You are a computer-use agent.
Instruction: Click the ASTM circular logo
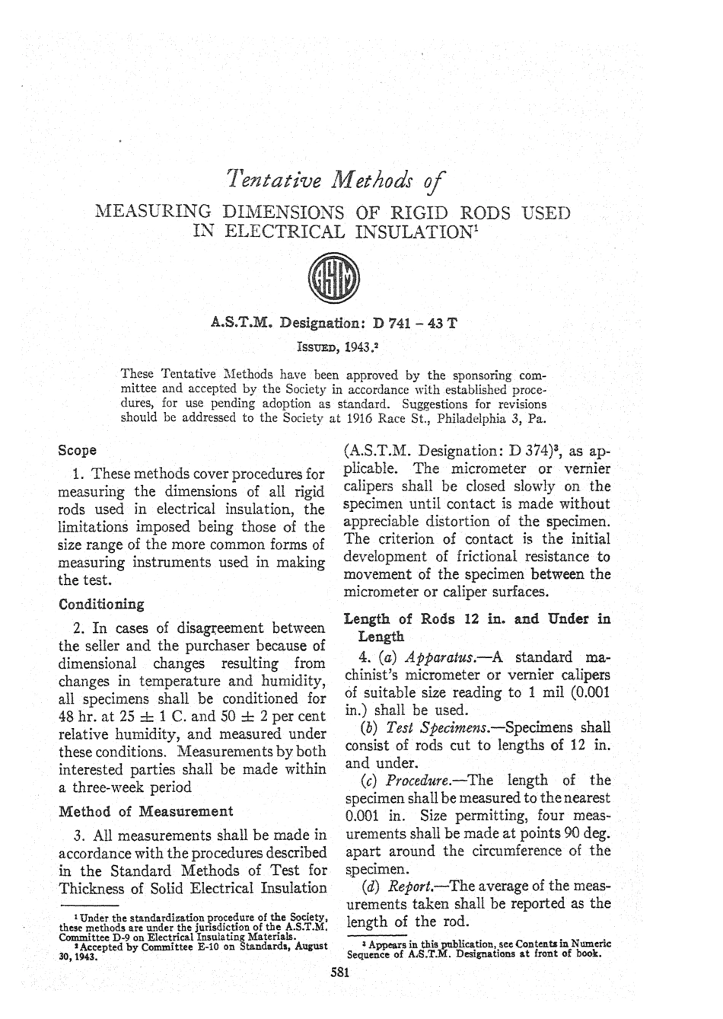335,287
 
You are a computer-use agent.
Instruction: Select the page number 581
339,971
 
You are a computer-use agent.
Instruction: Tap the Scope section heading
77,450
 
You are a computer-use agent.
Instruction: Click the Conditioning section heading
101,604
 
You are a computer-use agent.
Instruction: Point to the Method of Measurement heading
146,811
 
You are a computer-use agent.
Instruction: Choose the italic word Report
410,886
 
